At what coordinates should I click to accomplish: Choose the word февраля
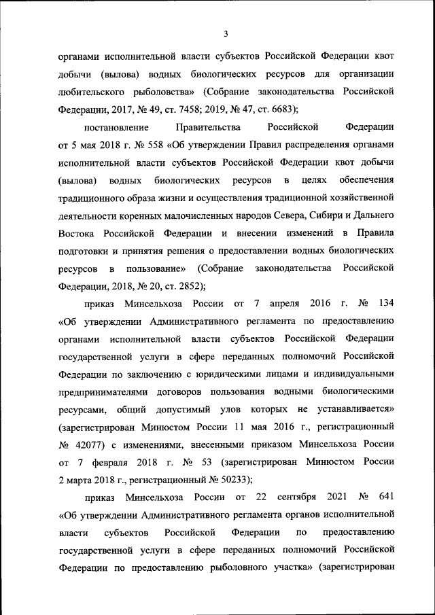[x=118, y=463]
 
